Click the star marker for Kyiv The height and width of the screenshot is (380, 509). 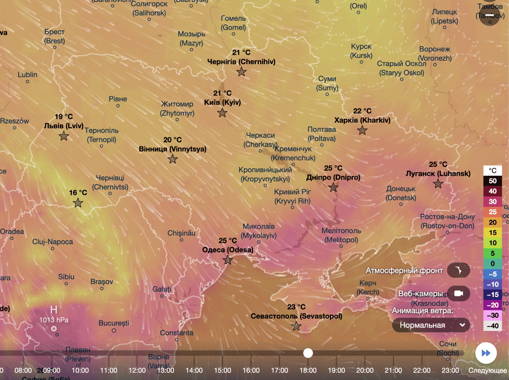[x=222, y=113]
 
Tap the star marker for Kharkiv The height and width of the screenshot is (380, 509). [x=363, y=131]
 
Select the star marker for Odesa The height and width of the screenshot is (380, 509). [x=228, y=260]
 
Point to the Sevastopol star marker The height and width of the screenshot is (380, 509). [x=296, y=326]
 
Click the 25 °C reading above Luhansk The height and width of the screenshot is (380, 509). [x=438, y=164]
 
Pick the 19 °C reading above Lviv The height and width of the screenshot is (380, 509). [x=64, y=117]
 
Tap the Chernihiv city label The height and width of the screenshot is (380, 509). [x=241, y=62]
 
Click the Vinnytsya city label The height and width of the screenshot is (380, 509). [x=173, y=149]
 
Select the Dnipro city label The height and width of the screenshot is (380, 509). [x=333, y=177]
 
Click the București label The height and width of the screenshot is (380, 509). [x=114, y=323]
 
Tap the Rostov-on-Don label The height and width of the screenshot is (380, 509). [x=447, y=221]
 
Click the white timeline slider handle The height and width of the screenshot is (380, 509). [x=308, y=353]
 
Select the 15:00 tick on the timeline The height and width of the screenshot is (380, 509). [x=223, y=370]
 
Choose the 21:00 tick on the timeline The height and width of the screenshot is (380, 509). [x=393, y=370]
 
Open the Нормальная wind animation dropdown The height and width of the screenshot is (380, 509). [x=431, y=325]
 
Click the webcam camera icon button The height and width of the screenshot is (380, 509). [x=459, y=293]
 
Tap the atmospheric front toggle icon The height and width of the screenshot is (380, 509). [x=459, y=271]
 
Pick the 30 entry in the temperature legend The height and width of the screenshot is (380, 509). [x=493, y=202]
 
